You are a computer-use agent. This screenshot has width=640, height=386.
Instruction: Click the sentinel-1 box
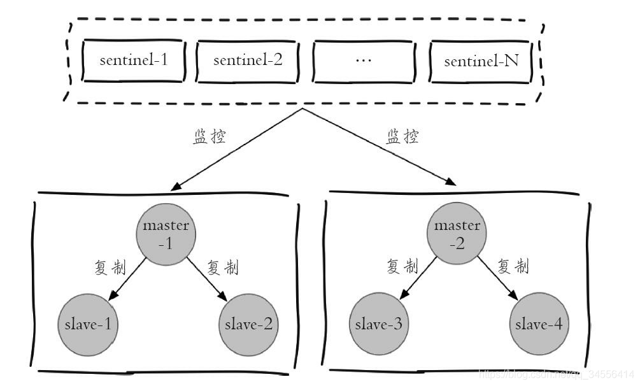134,62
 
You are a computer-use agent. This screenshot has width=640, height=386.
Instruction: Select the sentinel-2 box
248,62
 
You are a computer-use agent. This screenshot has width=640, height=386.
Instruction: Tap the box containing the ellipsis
363,62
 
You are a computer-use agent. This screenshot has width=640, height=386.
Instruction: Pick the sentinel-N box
480,62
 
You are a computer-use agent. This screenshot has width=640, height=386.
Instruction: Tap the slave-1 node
88,324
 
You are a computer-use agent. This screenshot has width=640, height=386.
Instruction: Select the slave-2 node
248,324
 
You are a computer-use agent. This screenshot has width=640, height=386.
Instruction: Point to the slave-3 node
378,324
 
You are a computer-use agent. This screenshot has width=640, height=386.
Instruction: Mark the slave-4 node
539,324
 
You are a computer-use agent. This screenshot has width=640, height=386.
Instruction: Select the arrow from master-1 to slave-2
207,279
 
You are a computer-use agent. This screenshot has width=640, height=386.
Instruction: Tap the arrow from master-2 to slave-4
499,279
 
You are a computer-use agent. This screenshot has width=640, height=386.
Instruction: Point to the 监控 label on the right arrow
402,137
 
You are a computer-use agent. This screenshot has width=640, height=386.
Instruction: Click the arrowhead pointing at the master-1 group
175,186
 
